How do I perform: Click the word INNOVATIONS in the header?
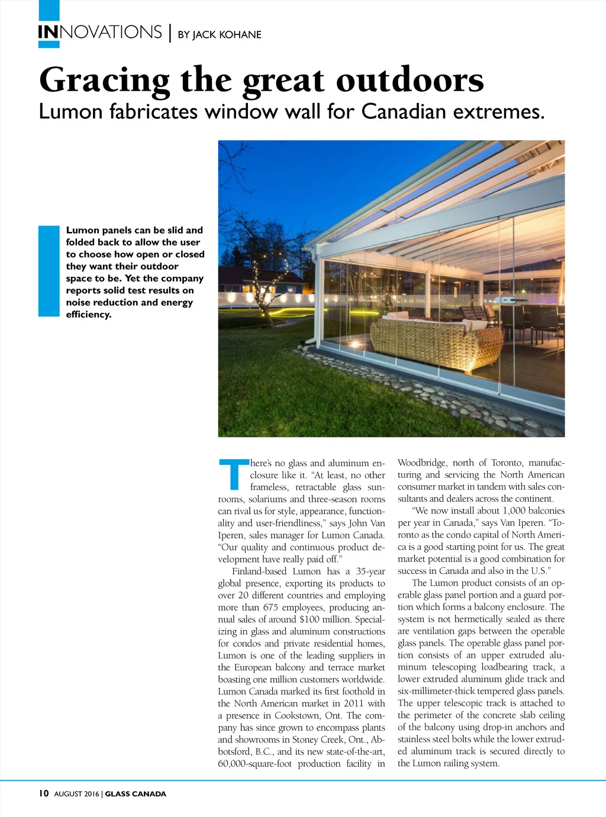point(99,32)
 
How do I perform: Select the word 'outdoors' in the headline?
point(410,80)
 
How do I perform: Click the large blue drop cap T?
point(234,474)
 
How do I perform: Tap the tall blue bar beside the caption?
point(49,271)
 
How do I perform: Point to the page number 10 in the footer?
point(44,793)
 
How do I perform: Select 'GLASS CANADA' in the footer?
point(136,794)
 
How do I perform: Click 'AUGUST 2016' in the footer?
point(77,794)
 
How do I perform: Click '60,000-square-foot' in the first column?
point(254,763)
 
